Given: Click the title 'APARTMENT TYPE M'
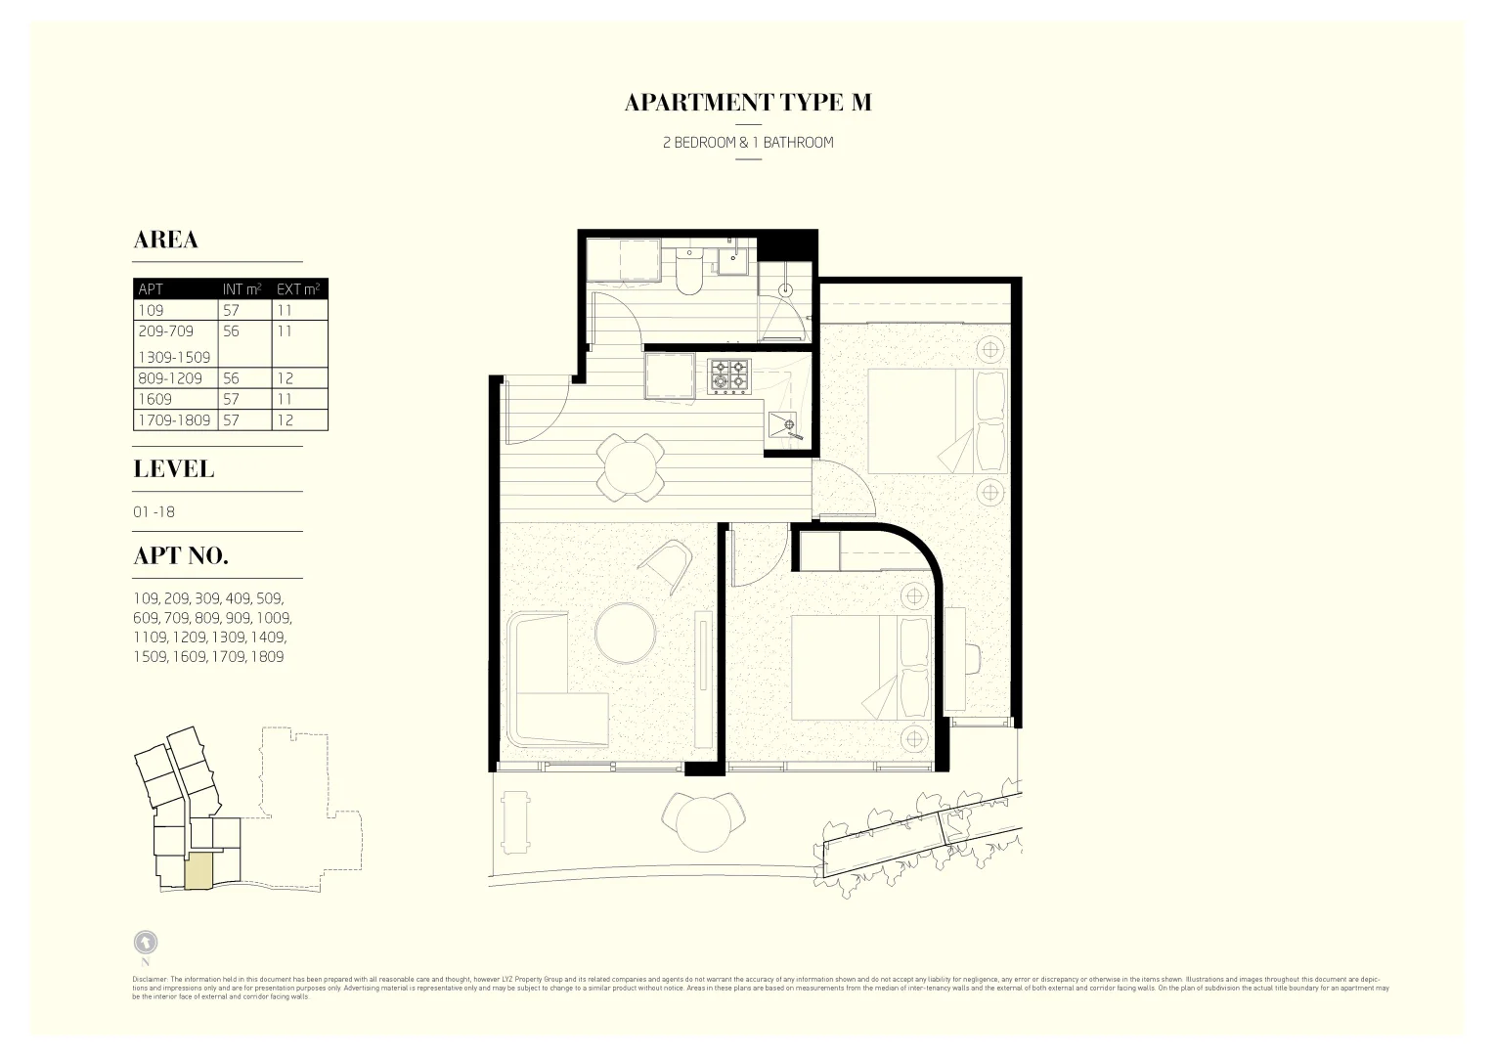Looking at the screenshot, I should (747, 103).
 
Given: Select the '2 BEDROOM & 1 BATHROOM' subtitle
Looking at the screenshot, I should (747, 143).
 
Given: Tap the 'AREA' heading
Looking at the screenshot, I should (165, 241).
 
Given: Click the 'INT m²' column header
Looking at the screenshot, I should (242, 288).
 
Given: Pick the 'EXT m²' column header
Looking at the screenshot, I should (298, 288).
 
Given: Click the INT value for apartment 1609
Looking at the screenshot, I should (231, 399).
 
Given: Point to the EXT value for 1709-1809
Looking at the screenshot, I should (285, 420).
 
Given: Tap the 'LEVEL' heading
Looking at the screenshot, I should (173, 469).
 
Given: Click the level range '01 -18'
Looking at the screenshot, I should (154, 511).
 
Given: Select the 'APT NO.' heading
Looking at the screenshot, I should (181, 556).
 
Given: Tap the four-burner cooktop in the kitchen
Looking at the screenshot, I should (728, 376).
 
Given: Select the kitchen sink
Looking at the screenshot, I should (785, 425).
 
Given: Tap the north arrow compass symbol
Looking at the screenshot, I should (145, 943).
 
